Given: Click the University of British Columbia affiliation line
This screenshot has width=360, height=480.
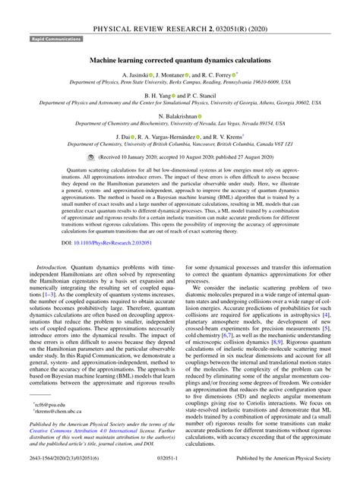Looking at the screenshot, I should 179,143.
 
